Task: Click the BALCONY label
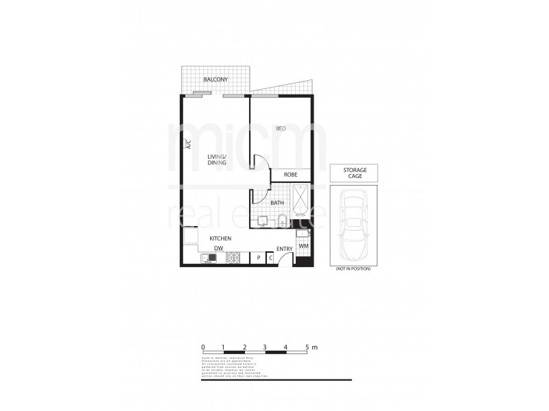[215, 81]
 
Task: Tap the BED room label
[281, 129]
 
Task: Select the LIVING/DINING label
[217, 160]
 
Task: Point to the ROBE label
[290, 175]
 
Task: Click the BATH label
[277, 203]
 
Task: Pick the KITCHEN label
[220, 238]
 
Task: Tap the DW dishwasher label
[218, 248]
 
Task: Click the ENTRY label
[284, 249]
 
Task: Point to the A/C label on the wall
[187, 145]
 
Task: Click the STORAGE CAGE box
[354, 173]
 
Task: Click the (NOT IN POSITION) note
[353, 269]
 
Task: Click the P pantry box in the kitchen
[258, 258]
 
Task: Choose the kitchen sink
[209, 258]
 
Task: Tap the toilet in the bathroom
[282, 221]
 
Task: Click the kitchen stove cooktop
[234, 258]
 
